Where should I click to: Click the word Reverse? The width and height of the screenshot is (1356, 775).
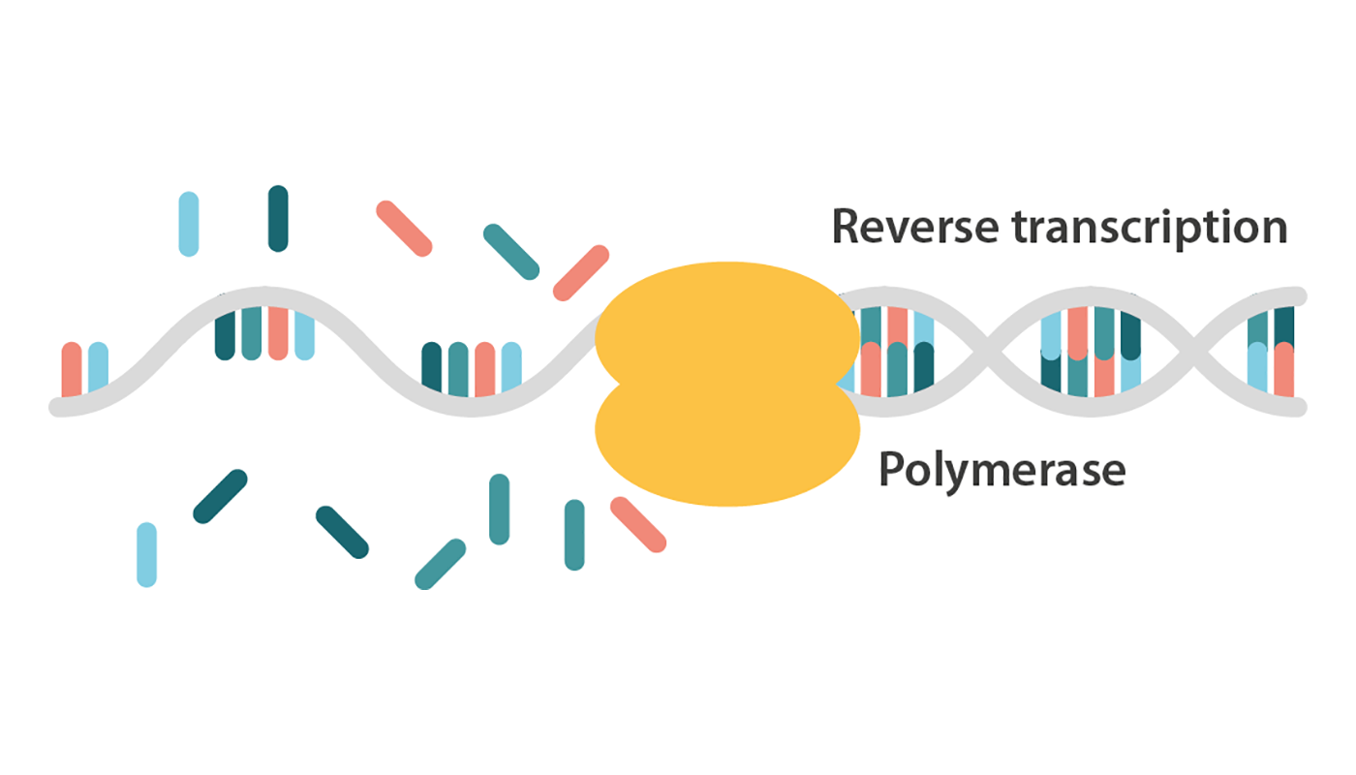click(913, 228)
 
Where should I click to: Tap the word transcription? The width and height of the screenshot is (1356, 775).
click(1150, 228)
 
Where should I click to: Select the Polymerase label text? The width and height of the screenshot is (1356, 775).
click(1002, 471)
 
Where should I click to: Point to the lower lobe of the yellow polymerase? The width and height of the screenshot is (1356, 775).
click(726, 450)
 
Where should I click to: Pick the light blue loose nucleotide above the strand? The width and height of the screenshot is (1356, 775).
click(189, 224)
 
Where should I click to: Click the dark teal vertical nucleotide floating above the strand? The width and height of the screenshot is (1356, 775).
click(278, 219)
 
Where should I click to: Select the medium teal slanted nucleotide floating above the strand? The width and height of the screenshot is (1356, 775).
click(510, 252)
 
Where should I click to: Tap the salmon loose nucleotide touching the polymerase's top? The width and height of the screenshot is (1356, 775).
click(580, 272)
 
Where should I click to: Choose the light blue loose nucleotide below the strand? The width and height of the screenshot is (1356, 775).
click(146, 554)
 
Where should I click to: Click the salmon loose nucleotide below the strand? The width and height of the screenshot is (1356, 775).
click(638, 524)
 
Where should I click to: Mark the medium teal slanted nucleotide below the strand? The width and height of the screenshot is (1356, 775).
click(441, 564)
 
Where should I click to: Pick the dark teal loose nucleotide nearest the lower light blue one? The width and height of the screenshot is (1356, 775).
click(220, 496)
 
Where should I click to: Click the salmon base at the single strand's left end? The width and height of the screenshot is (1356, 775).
click(72, 369)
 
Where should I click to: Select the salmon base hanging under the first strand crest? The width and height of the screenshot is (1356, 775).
click(278, 332)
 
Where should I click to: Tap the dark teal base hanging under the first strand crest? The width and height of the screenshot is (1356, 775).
click(225, 334)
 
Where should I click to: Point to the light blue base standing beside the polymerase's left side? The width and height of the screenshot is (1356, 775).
click(511, 368)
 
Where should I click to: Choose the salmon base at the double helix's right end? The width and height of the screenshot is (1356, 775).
click(1284, 370)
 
